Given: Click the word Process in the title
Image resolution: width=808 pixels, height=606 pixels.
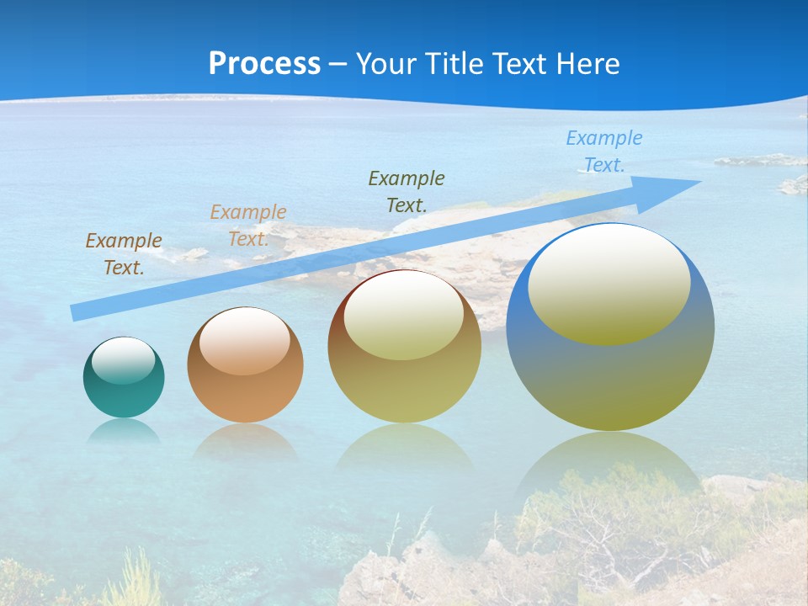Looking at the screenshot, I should click(264, 63).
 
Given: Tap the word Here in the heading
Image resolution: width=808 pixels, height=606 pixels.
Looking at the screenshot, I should click(587, 63).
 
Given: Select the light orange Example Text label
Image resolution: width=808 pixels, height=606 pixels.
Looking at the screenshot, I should click(248, 226).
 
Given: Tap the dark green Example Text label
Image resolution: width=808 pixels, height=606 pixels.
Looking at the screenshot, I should click(407, 191).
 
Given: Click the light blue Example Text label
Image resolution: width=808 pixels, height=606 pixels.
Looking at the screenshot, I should click(604, 151).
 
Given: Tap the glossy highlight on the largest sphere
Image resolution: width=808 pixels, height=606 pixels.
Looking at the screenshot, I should click(609, 284).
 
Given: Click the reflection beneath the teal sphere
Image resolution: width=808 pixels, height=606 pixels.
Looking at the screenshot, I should click(124, 431).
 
